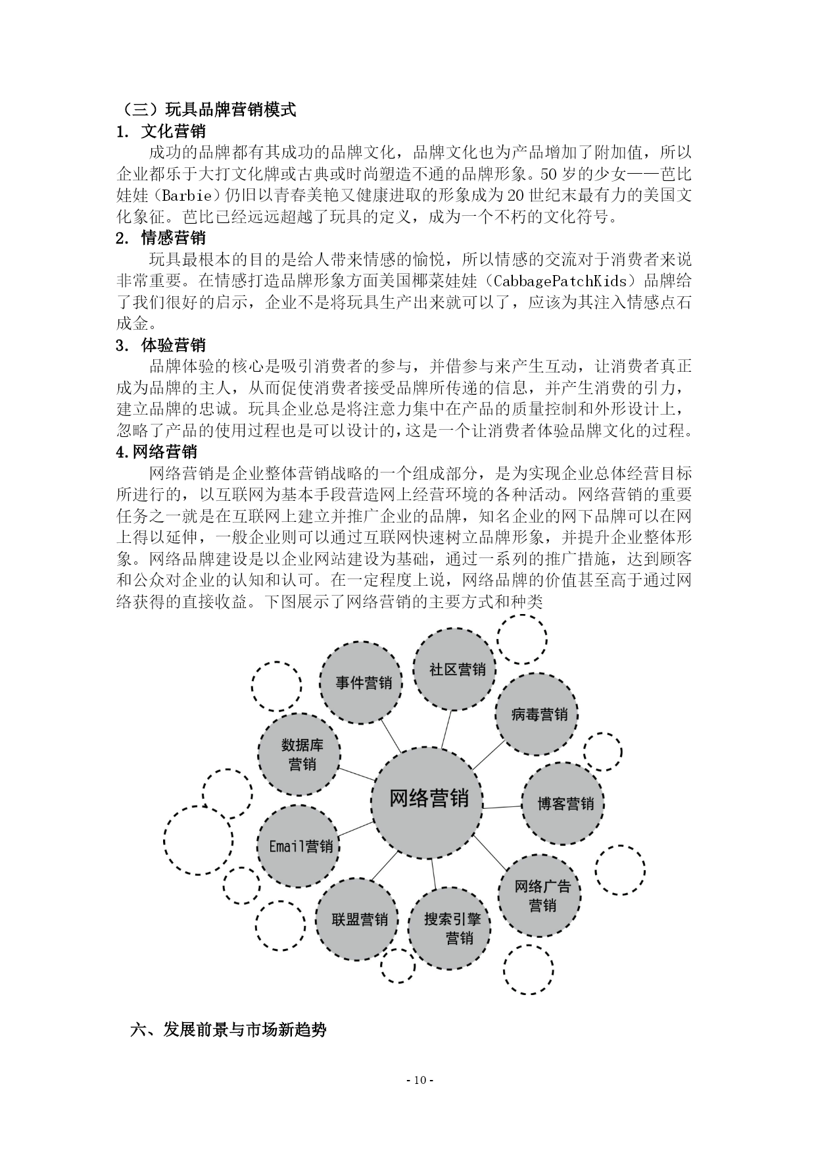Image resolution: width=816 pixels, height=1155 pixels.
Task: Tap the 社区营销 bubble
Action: click(454, 669)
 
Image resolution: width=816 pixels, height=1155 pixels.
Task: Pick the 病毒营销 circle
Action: click(537, 714)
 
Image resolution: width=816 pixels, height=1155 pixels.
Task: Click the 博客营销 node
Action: click(563, 804)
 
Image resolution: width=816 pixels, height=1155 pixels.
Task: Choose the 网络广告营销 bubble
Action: click(540, 896)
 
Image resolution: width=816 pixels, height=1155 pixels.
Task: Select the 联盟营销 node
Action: click(358, 919)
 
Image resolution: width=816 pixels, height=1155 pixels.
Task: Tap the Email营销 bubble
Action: click(299, 846)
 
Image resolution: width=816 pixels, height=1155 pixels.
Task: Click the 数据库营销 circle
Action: click(300, 754)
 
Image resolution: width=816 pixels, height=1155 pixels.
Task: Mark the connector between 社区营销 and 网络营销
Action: click(446, 729)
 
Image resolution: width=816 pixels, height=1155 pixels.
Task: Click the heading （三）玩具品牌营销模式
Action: click(206, 109)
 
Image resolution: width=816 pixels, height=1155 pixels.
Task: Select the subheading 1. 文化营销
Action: click(160, 131)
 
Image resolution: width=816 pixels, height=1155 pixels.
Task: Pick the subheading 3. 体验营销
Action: click(160, 345)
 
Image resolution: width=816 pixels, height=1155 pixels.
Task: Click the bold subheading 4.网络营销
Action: click(156, 452)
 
